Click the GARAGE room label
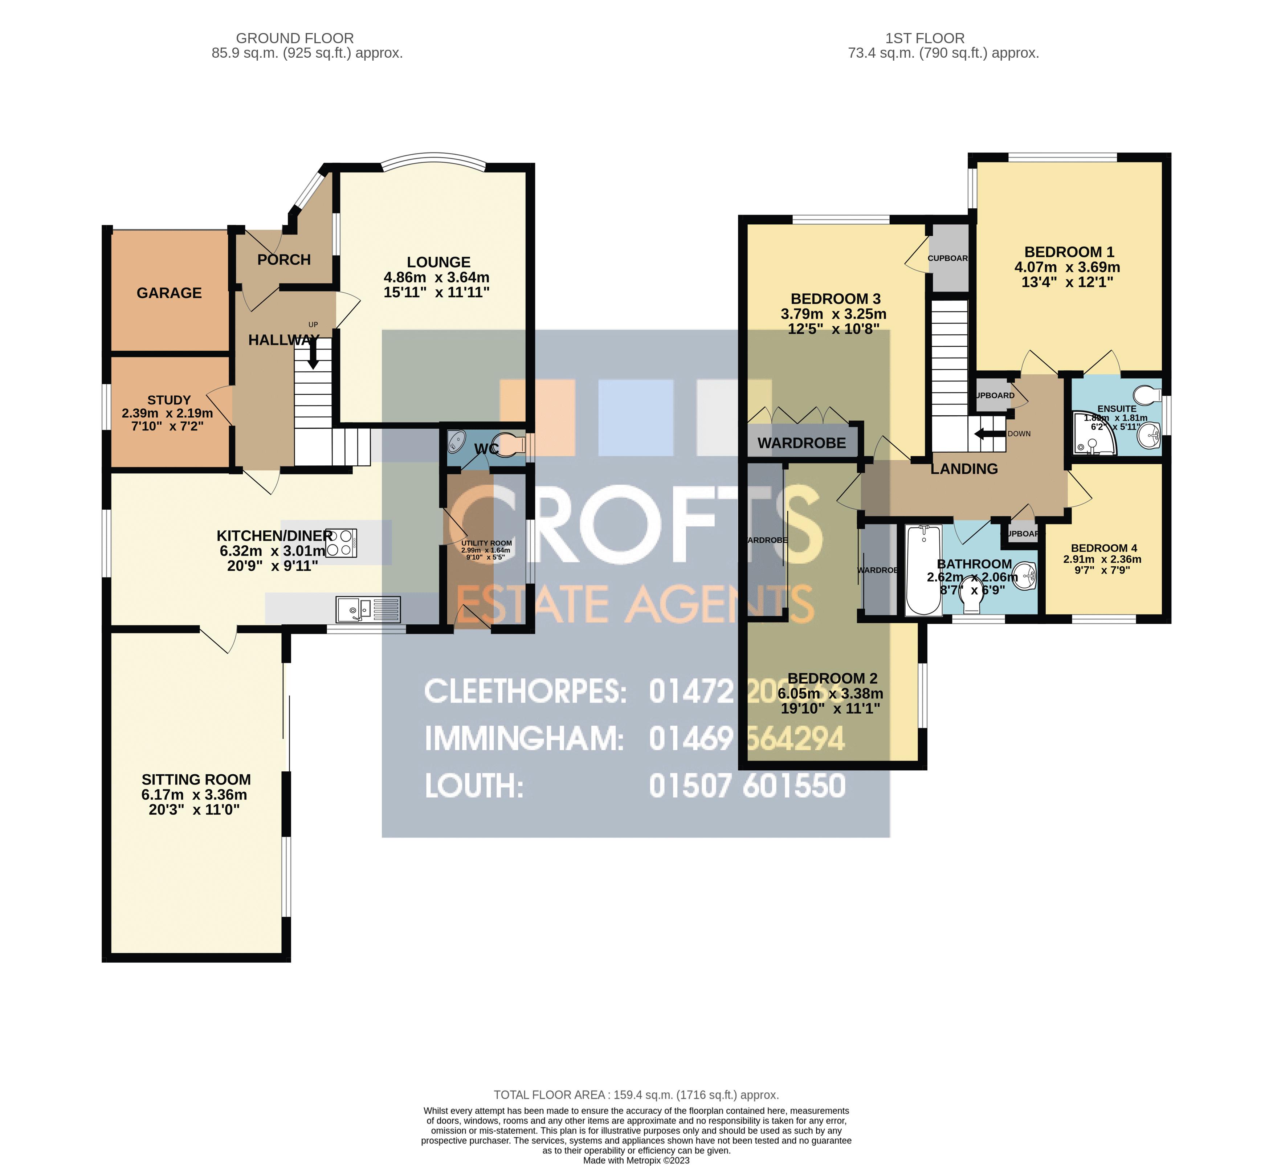169,293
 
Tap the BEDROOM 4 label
1104,548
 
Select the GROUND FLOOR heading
295,38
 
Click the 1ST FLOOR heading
925,38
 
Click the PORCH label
284,260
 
